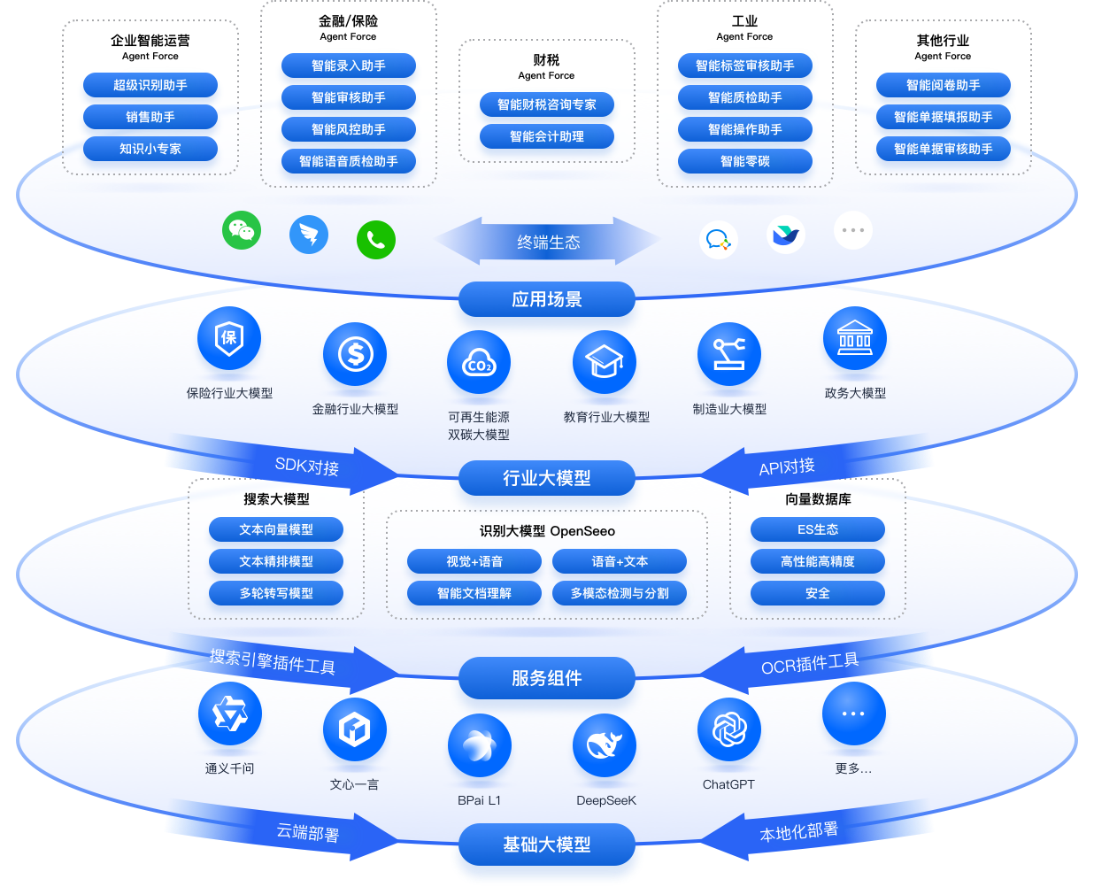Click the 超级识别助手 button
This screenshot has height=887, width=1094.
coord(150,85)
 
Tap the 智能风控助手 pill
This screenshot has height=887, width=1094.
coord(348,129)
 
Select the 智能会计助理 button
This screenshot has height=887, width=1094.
coord(546,136)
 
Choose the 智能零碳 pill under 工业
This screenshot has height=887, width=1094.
coord(744,161)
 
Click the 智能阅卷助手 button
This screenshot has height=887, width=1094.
coord(943,85)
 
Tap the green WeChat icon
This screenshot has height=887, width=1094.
coord(242,230)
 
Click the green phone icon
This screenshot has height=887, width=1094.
coord(376,240)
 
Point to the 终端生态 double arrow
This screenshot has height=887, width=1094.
coord(548,241)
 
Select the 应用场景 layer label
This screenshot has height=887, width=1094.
coord(546,299)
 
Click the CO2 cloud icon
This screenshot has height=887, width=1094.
coord(479,362)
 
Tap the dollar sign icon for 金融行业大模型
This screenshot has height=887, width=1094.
coord(355,354)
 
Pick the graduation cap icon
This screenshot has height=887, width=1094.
coord(605,362)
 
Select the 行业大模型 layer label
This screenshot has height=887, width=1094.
coord(546,478)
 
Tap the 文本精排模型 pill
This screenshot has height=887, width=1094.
coord(276,561)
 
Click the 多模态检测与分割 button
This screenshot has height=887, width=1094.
coord(620,593)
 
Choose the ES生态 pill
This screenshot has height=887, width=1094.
coord(818,529)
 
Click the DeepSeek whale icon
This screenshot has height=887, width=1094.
coord(605,745)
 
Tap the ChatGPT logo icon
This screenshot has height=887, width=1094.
coord(728,729)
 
